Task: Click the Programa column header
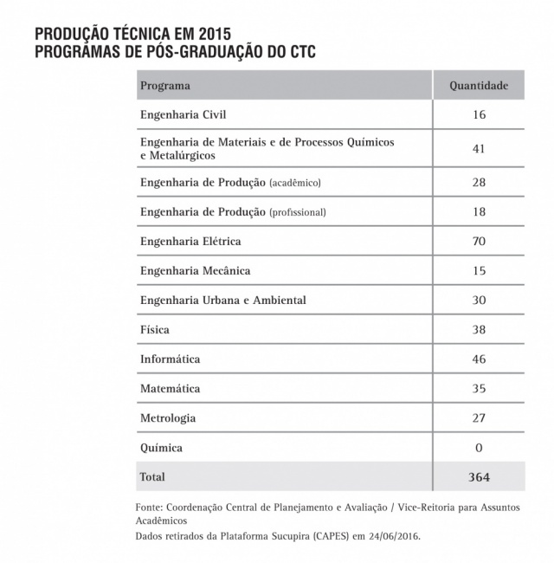click(165, 86)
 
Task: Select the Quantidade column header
click(479, 86)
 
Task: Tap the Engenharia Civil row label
click(183, 114)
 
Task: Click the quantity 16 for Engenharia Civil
click(480, 114)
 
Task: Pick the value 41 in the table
click(480, 149)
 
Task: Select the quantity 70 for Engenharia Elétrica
click(480, 241)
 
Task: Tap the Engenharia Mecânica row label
click(195, 271)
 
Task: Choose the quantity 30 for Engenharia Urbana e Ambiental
click(480, 301)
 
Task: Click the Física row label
click(155, 330)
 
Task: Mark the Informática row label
click(171, 359)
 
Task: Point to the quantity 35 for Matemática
click(480, 389)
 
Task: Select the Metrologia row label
click(168, 418)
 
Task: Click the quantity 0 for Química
click(480, 448)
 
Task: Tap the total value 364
click(480, 477)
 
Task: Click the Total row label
click(152, 477)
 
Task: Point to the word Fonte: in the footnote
click(151, 506)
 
